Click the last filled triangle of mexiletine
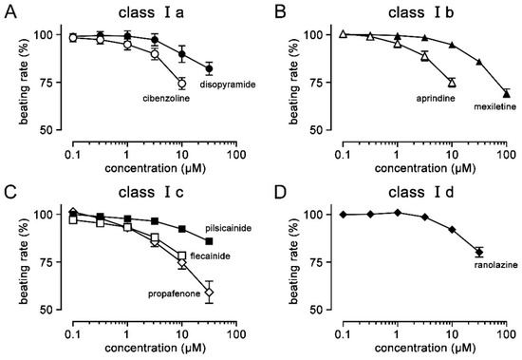pos(506,93)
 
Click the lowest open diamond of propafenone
pos(210,292)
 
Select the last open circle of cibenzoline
pos(182,83)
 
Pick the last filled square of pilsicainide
pos(210,241)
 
